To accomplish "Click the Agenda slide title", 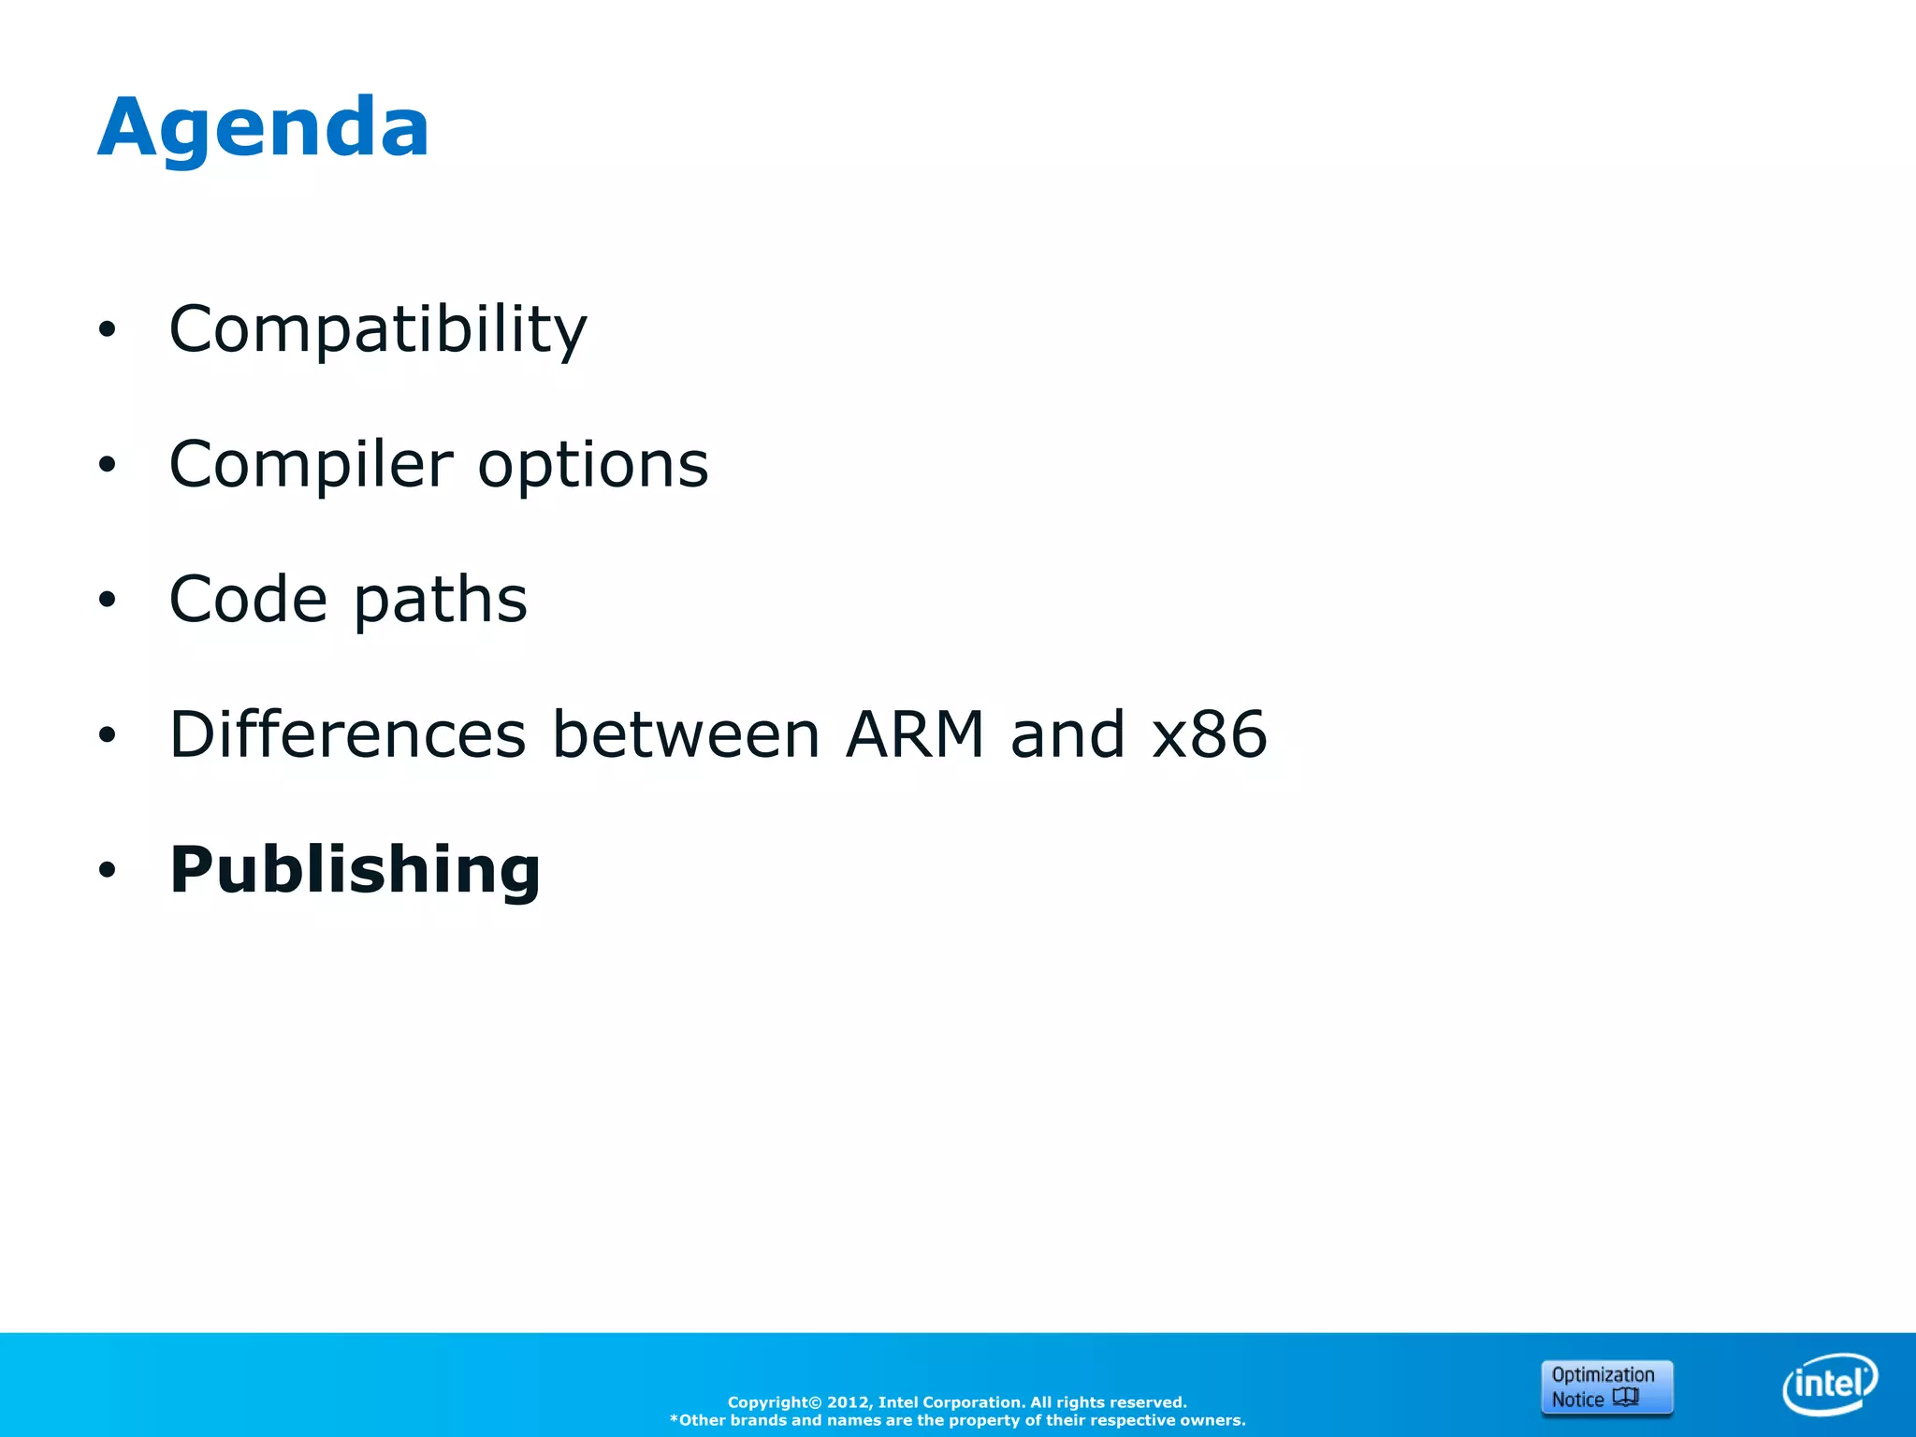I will click(x=263, y=128).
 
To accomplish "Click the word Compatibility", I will click(x=377, y=329).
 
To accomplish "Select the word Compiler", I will click(x=311, y=465).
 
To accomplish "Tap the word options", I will click(x=593, y=465).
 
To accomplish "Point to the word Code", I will click(x=248, y=600).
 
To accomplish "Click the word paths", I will click(x=441, y=600).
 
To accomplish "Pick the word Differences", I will click(x=347, y=734).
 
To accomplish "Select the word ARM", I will click(x=914, y=734).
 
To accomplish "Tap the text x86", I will click(x=1210, y=734).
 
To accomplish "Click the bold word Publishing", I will click(x=355, y=870).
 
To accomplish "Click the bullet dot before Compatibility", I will click(x=108, y=329).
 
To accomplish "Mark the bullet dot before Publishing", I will click(x=108, y=870).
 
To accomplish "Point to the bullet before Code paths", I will click(x=108, y=600).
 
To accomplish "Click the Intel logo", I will click(x=1829, y=1384).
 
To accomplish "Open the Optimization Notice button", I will click(x=1605, y=1386).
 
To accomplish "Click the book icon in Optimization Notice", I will click(x=1626, y=1398).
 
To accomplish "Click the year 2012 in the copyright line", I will click(x=849, y=1402).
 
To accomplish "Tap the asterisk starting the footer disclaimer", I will click(x=674, y=1419).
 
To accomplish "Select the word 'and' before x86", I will click(x=1067, y=734).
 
